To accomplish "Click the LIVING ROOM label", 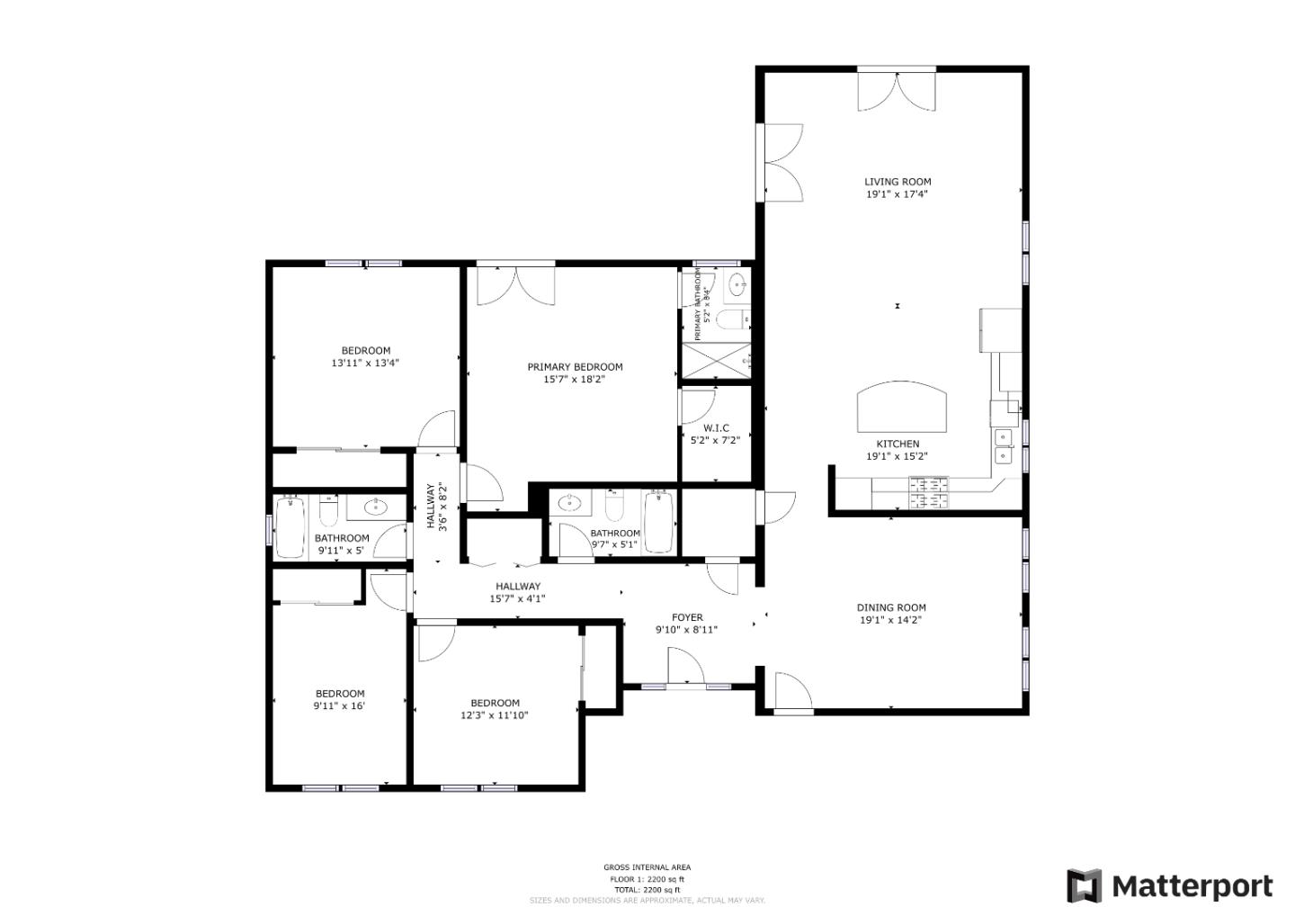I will tap(898, 182).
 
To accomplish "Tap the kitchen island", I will tap(902, 408).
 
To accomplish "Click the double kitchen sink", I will tap(1003, 446).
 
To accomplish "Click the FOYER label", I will tap(687, 617).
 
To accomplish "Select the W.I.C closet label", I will tap(716, 428).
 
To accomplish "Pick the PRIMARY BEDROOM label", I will tap(575, 367).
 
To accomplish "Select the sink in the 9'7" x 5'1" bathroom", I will tap(569, 503).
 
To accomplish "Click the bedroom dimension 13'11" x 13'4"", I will tap(365, 364).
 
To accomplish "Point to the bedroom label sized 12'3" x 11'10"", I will tap(495, 703).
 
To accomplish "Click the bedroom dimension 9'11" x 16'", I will tap(339, 706).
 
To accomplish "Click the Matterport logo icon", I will tap(1084, 886).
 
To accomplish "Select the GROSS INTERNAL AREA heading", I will tap(647, 867).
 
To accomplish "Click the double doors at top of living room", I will tap(897, 91).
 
